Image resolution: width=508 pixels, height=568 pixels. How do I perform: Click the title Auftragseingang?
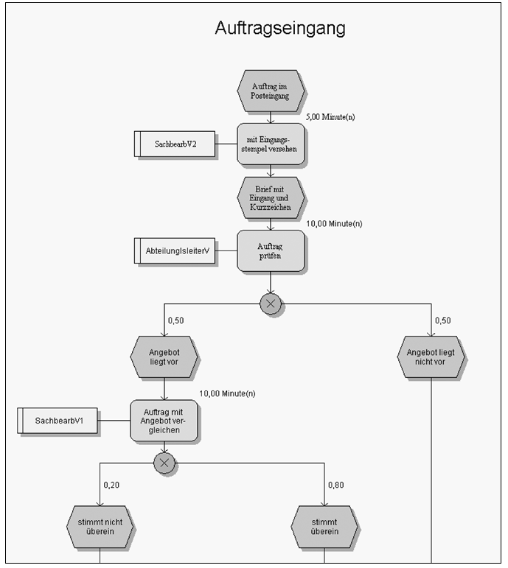280,28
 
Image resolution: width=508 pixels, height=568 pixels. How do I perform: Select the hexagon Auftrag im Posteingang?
270,91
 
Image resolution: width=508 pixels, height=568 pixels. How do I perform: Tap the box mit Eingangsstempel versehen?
270,144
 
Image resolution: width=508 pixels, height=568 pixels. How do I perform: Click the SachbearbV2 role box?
175,144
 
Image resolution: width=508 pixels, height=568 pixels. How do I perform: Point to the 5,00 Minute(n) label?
330,117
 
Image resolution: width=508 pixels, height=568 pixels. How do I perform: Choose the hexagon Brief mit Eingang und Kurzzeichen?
270,197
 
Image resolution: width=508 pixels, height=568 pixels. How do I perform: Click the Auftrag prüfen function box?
270,250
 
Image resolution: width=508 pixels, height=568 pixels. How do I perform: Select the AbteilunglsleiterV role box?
175,250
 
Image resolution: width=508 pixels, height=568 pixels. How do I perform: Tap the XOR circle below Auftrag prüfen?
271,304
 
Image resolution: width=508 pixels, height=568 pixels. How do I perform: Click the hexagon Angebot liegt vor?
164,357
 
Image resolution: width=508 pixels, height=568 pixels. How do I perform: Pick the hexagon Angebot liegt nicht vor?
431,357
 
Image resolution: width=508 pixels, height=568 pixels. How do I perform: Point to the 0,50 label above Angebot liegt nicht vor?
442,320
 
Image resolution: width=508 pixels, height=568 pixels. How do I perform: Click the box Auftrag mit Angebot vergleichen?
164,421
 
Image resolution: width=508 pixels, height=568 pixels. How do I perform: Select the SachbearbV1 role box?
58,421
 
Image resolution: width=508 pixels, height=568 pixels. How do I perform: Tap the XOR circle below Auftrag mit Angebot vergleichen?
164,463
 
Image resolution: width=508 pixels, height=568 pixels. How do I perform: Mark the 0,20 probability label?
111,485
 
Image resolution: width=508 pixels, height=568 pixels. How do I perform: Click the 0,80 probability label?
335,485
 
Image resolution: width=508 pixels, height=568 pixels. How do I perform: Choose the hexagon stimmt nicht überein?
100,527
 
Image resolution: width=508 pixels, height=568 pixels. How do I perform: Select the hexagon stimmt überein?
324,527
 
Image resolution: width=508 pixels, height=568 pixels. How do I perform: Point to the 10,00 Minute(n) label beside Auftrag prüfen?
334,224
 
